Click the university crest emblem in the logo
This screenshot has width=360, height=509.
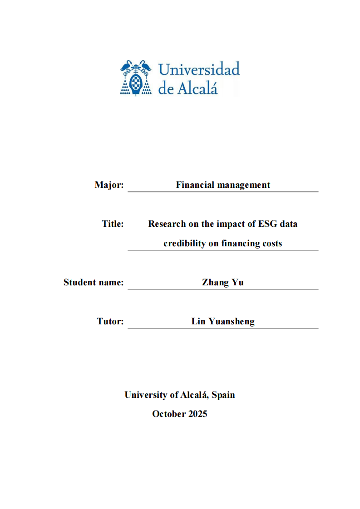(136, 78)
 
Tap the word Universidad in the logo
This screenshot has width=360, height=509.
(199, 70)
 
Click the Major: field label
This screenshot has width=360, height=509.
(109, 185)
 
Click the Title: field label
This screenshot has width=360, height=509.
(113, 224)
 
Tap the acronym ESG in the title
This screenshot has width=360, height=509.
(268, 224)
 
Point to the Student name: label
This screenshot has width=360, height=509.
(94, 282)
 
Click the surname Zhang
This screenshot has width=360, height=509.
(216, 282)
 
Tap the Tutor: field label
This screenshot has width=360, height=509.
(110, 321)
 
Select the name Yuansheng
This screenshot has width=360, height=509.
(232, 321)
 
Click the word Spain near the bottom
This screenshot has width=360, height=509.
(223, 395)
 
